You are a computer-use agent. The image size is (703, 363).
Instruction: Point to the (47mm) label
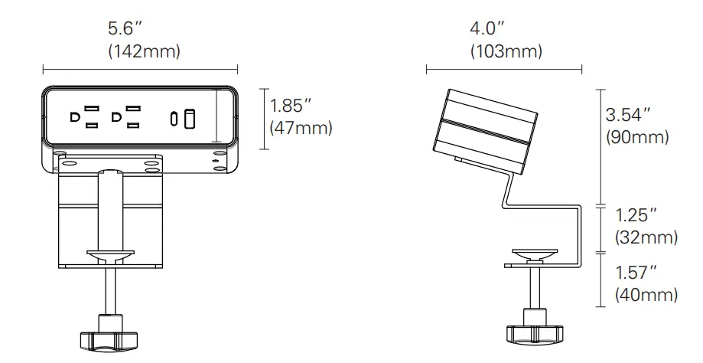click(301, 127)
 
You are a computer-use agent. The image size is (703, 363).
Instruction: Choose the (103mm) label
click(506, 51)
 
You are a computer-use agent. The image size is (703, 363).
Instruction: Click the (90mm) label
click(637, 138)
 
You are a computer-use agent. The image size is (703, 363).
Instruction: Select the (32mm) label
click(646, 238)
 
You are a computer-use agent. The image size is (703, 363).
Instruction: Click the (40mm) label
click(646, 294)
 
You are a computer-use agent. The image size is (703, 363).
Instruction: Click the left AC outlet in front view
click(84, 117)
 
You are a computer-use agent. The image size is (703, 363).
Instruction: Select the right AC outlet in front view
click(127, 117)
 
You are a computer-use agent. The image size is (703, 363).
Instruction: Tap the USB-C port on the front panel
click(175, 118)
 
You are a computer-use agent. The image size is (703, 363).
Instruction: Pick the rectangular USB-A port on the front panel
click(190, 118)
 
